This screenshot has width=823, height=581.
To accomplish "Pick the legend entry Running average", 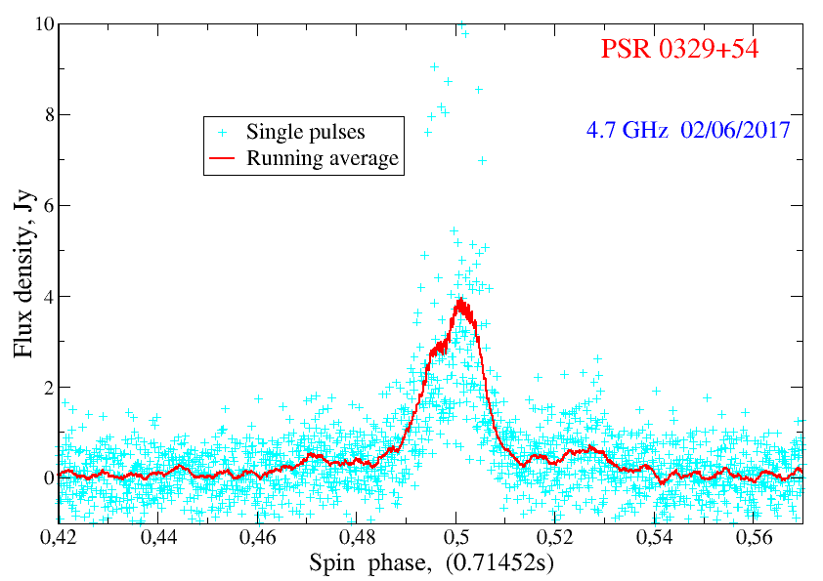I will [323, 157].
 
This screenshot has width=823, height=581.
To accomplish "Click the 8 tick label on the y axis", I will [45, 115].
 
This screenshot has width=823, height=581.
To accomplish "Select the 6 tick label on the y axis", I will [45, 206].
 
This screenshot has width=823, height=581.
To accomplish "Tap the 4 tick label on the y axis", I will [45, 297].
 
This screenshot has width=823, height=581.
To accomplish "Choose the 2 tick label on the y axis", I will [45, 388].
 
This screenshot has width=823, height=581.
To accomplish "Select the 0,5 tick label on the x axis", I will [457, 537].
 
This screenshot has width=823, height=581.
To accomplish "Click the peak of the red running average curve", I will [459, 301].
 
